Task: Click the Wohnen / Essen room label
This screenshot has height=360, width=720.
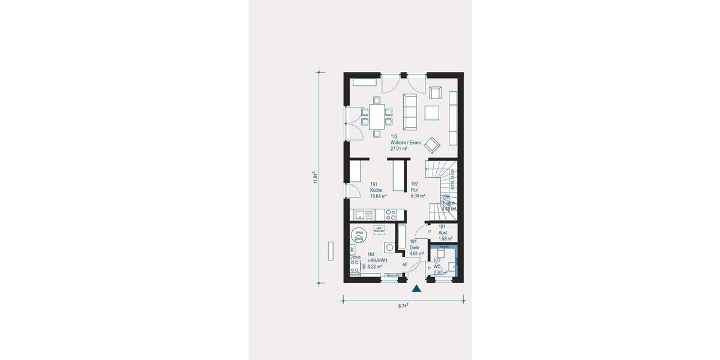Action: point(406,143)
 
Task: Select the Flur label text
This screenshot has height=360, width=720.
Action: point(415,190)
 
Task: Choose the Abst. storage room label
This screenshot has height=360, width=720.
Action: point(445,233)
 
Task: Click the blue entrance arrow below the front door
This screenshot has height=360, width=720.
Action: point(416,289)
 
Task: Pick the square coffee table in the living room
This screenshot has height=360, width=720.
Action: point(432,112)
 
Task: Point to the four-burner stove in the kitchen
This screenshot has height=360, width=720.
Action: point(391,214)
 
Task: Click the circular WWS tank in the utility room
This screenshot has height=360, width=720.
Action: point(359,235)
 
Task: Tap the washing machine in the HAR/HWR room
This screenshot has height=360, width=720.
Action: point(391,247)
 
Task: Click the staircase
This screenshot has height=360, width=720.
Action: point(443,189)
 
